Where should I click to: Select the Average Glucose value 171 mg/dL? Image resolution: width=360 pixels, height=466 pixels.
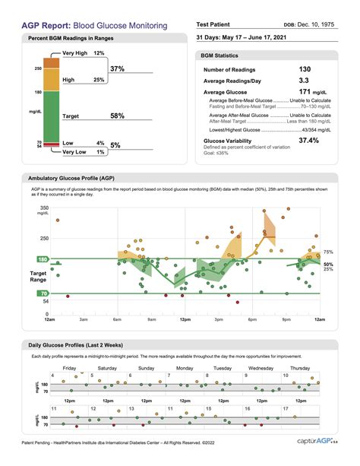[311, 91]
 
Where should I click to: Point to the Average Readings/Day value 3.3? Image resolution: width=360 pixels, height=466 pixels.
[305, 80]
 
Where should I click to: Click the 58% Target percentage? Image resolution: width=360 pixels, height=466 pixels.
[118, 116]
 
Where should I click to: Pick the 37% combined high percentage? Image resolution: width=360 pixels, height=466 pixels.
[118, 68]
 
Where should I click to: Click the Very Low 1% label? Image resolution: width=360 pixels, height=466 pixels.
[84, 152]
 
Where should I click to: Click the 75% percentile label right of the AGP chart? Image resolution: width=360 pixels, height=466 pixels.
[329, 251]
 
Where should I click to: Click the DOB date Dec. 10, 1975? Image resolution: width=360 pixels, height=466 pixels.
[331, 24]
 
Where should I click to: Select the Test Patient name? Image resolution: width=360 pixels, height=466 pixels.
[219, 24]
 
